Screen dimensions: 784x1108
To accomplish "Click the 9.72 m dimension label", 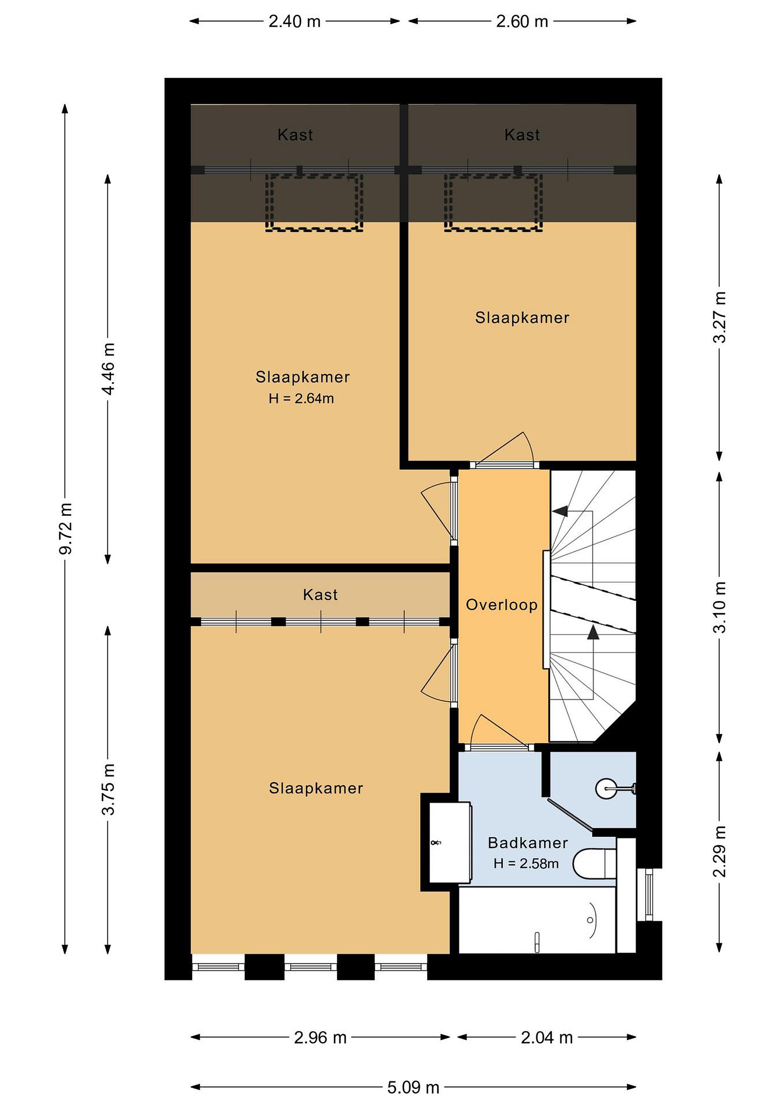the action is (66, 529).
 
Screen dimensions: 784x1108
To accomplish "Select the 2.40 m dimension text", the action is (294, 21).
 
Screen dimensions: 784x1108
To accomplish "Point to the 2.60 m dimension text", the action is (522, 21).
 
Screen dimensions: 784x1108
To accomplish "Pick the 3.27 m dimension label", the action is (719, 317).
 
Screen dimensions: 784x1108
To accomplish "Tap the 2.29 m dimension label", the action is (719, 852).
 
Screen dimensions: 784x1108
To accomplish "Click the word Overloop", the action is (501, 605).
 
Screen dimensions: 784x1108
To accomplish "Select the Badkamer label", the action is (528, 843).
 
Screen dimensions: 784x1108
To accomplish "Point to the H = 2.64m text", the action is (301, 399).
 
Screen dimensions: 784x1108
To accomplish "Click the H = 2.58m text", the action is (526, 864).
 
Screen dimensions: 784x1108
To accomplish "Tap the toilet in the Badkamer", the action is (594, 863).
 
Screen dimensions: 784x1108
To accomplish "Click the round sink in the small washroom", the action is (606, 789).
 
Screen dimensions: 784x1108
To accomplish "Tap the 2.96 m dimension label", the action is (321, 1038).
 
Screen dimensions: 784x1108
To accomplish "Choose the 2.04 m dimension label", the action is (547, 1038).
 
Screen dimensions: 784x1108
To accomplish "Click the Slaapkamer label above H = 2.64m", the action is (303, 377).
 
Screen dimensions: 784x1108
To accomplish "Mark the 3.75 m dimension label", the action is (108, 789).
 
